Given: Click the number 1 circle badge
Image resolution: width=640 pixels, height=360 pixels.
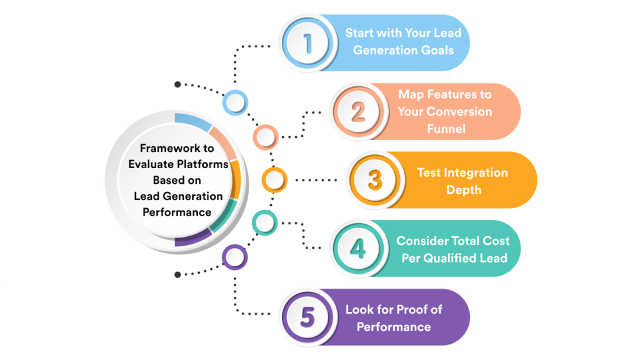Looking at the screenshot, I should (307, 43).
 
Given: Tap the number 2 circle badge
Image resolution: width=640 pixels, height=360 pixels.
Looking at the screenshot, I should (358, 112).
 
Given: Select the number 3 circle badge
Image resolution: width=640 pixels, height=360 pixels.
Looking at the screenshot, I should (374, 180).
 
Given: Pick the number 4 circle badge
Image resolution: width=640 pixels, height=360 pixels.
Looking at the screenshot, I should (358, 248).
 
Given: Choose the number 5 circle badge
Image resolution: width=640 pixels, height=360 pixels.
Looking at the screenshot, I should (307, 317).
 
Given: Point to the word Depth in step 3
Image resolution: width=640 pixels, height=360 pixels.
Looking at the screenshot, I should (463, 189).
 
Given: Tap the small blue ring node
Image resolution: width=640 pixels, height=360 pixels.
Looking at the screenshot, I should (235, 102).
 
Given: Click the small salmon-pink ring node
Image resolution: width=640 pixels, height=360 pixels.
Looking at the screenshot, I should (265, 136).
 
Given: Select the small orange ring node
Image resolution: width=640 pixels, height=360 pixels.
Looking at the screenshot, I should (273, 180).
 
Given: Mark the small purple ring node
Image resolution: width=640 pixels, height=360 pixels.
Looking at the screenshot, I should (235, 256).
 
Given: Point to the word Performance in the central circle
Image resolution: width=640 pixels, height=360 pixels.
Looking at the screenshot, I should (177, 212).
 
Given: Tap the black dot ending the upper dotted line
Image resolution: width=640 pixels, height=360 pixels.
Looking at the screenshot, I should (178, 84).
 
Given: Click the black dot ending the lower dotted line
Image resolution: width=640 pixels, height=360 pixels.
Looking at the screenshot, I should (178, 274).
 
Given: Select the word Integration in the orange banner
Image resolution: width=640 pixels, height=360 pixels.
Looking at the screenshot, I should (462, 173).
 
